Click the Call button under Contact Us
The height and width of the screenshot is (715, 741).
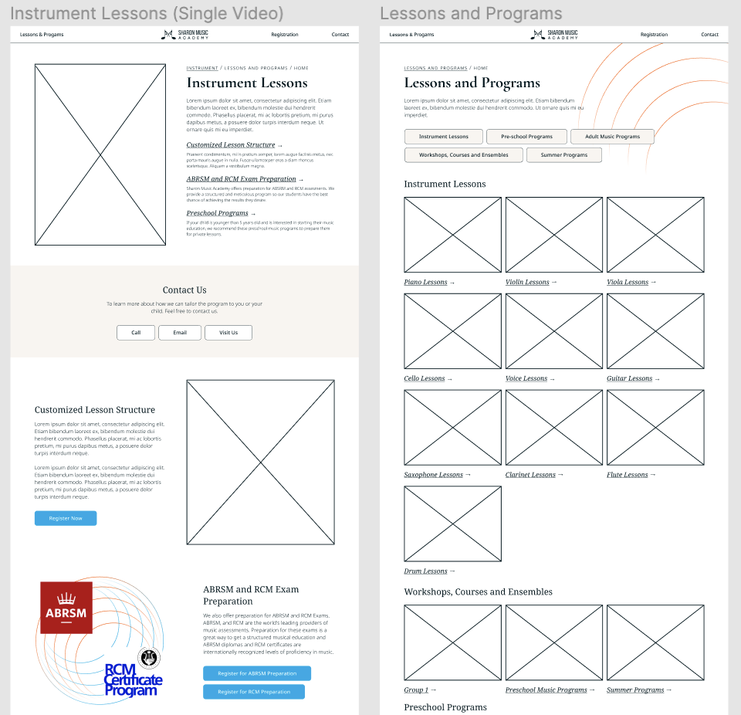(x=136, y=333)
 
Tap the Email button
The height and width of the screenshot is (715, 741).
(x=180, y=333)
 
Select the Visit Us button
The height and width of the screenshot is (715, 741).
(x=228, y=333)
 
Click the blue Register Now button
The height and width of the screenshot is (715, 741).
(x=66, y=518)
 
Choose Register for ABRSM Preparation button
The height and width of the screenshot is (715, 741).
(x=257, y=673)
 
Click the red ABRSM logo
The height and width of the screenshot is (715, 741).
(x=66, y=608)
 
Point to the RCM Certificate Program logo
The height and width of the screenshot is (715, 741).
(x=134, y=679)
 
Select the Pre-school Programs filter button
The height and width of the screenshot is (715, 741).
(x=526, y=137)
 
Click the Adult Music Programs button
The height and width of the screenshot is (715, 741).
(x=612, y=137)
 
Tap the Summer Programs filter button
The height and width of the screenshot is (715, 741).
(x=563, y=155)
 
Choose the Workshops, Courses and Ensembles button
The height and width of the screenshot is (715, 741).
(x=463, y=155)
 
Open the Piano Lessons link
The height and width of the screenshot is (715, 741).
(x=426, y=283)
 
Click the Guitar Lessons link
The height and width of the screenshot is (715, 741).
(x=629, y=379)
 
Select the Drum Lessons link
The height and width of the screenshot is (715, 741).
(x=426, y=571)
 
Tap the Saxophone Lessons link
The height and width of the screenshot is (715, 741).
(x=434, y=475)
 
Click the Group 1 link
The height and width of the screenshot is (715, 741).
(x=416, y=690)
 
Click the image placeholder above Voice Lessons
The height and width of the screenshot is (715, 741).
(x=553, y=331)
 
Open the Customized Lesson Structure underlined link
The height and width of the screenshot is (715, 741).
(x=231, y=145)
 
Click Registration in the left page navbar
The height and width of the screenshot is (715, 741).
(x=284, y=35)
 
